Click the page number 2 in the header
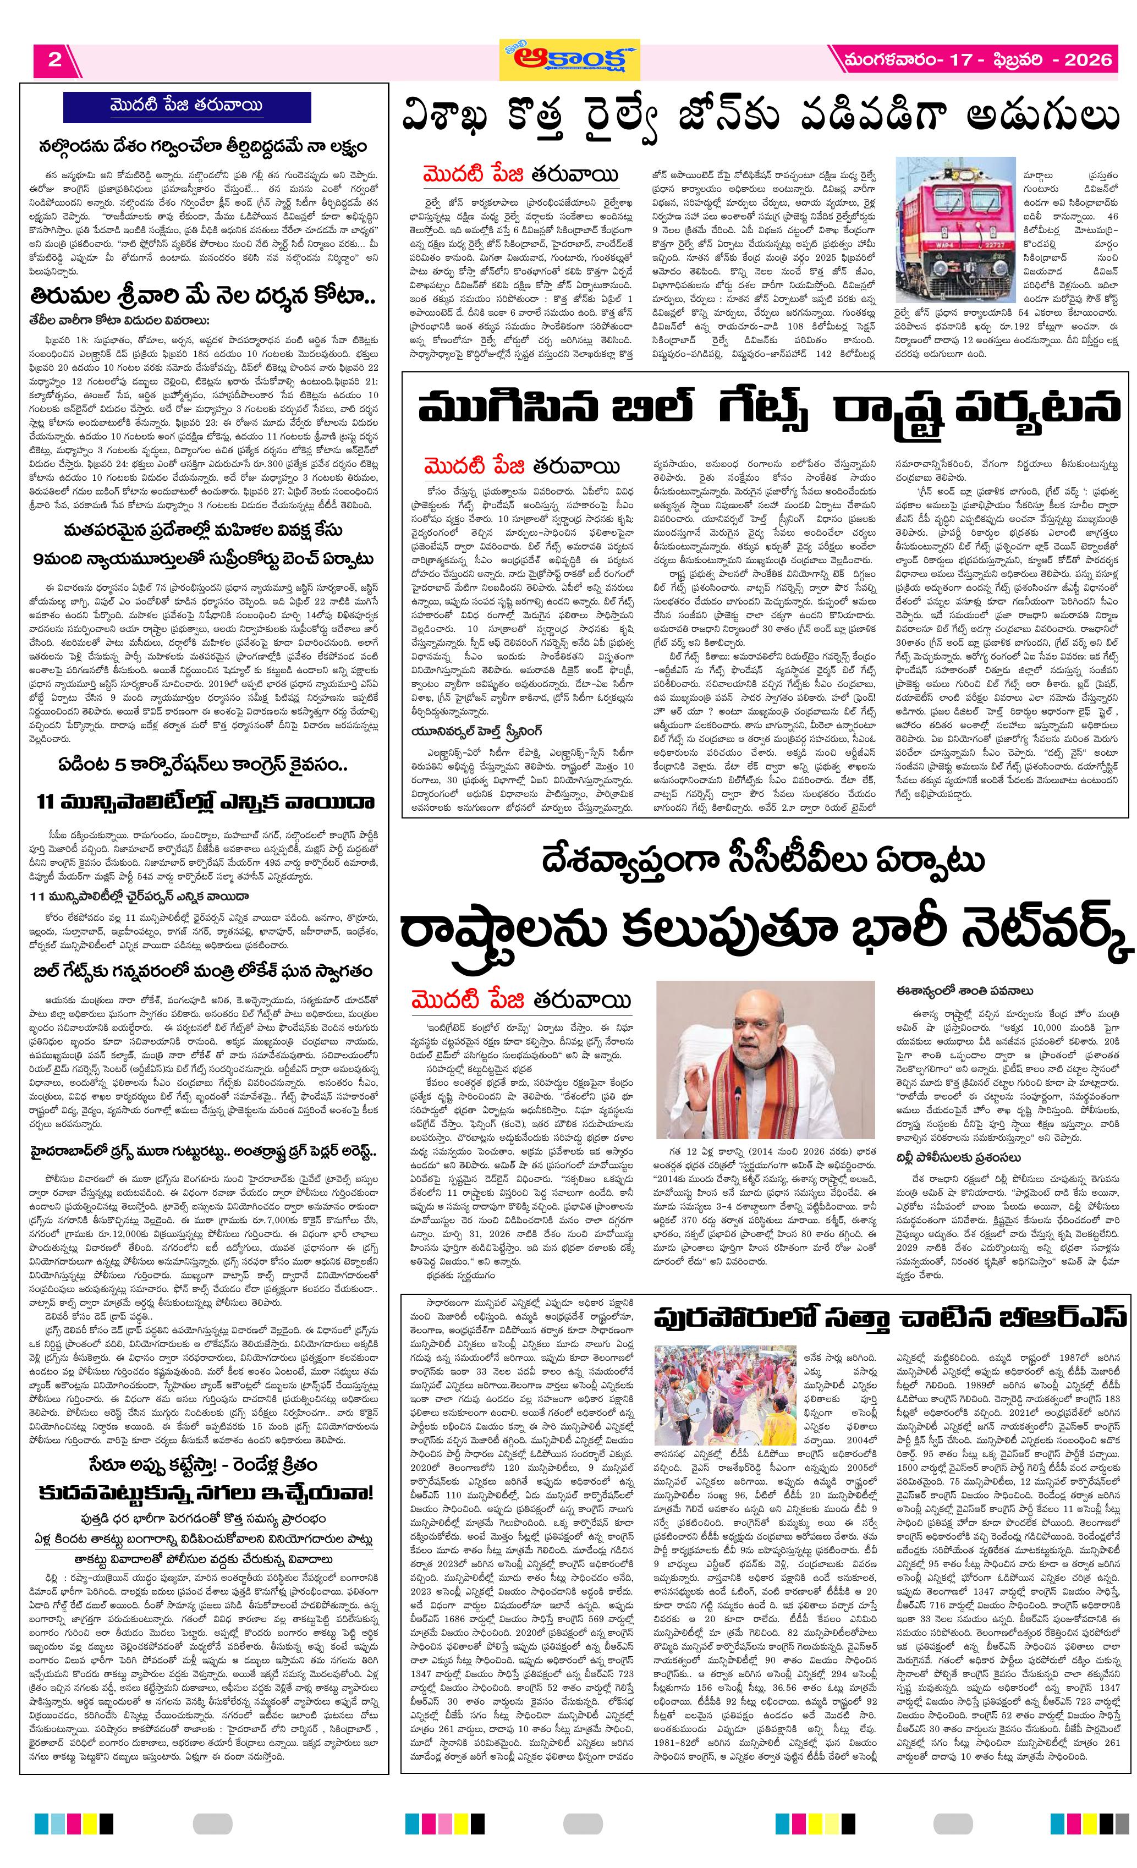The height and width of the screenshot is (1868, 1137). [54, 60]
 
